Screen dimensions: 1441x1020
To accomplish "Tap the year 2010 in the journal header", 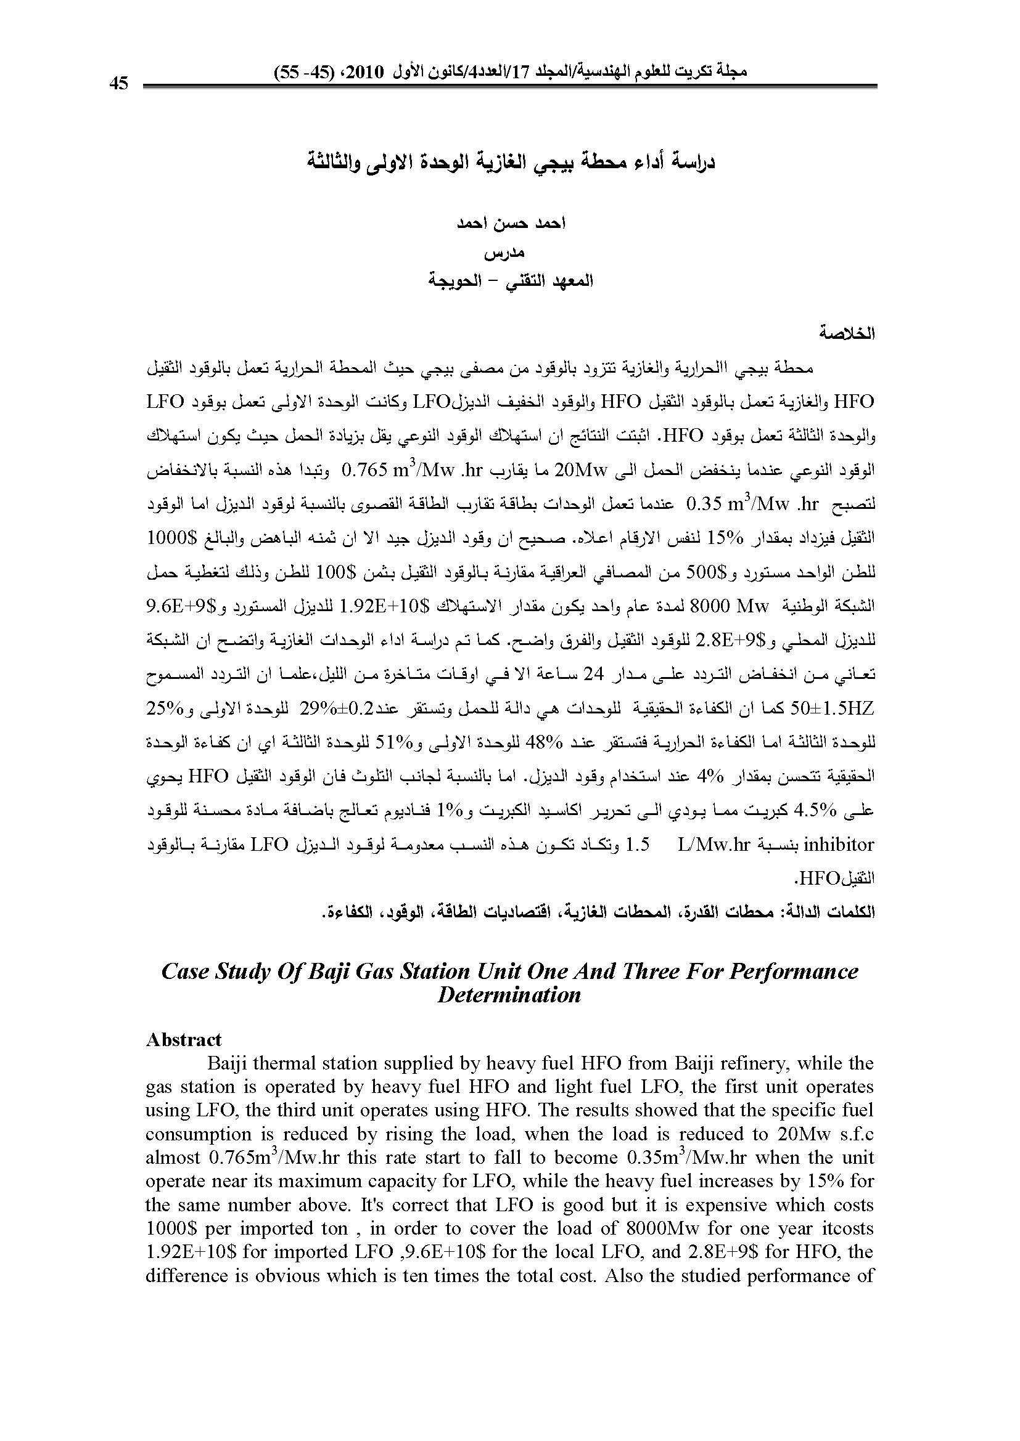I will (365, 71).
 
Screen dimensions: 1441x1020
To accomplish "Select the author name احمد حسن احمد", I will (511, 224).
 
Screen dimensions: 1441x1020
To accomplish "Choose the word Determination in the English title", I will (509, 996).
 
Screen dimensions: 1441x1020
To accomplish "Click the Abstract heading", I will (183, 1040).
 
